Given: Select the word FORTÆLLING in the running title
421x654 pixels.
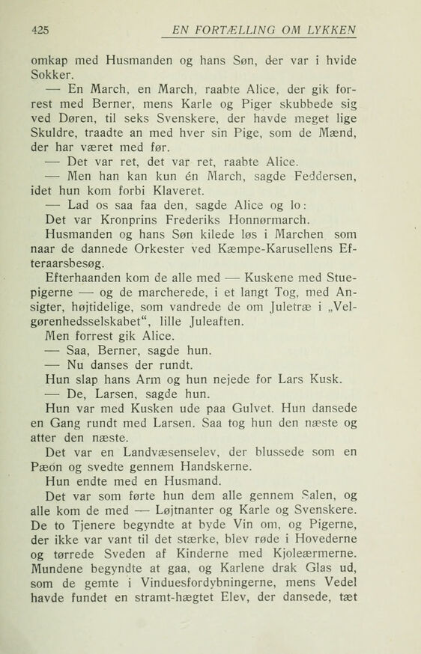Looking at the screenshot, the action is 235,30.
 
